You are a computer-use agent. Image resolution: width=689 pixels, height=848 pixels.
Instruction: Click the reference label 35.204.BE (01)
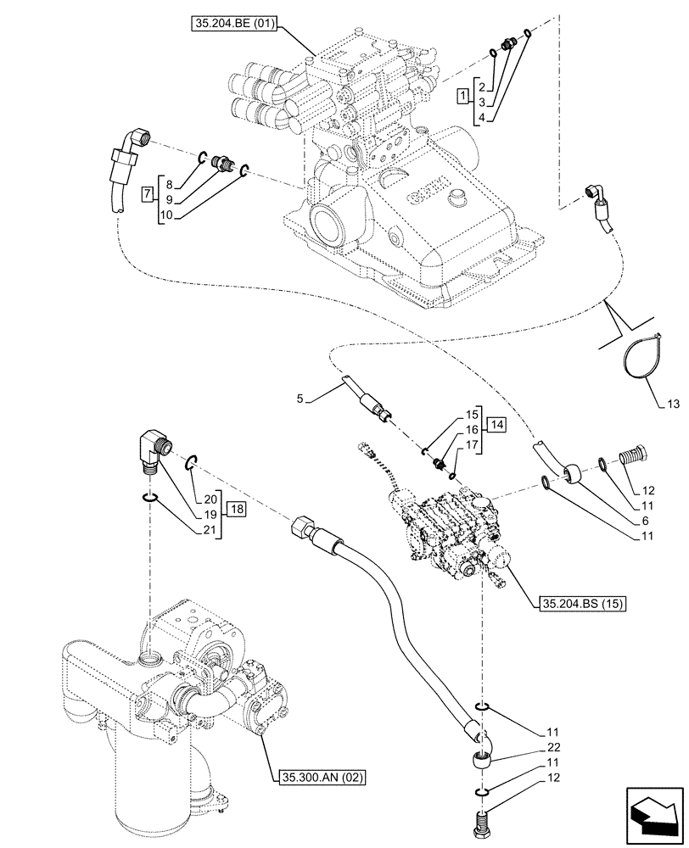click(x=238, y=25)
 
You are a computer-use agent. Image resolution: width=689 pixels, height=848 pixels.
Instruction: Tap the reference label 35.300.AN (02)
click(x=316, y=776)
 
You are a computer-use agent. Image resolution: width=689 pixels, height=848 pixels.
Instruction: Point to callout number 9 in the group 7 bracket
click(x=169, y=199)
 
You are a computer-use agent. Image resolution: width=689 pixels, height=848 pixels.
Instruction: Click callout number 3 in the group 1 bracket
click(x=480, y=101)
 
